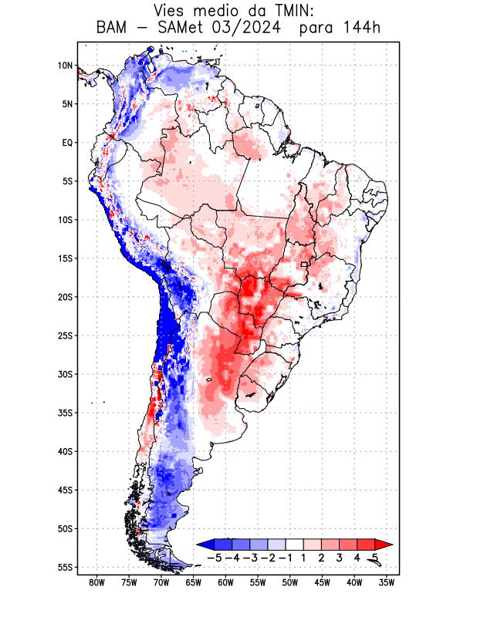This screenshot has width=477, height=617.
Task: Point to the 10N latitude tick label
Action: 65,66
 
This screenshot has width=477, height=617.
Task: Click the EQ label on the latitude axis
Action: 67,143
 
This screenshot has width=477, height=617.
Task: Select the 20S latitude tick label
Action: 65,297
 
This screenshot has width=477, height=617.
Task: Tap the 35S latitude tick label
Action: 65,413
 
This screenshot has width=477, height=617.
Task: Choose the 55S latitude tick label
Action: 65,567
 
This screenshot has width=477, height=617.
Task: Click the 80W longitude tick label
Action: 97,583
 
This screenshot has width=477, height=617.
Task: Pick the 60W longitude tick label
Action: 225,583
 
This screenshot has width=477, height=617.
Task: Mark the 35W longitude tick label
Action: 387,583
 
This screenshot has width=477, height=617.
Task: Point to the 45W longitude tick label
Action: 322,583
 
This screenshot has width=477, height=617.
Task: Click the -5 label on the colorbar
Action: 215,557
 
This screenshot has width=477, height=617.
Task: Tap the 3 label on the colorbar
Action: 339,557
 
